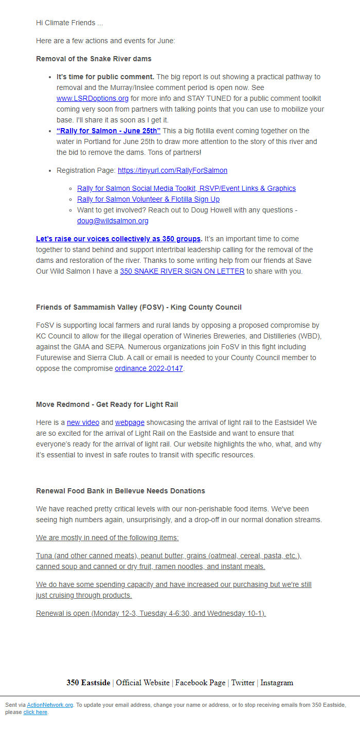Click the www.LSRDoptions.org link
pyautogui.click(x=93, y=98)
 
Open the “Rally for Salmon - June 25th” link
pyautogui.click(x=109, y=131)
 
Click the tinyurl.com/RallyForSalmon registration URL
pyautogui.click(x=172, y=170)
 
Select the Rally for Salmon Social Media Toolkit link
pyautogui.click(x=186, y=188)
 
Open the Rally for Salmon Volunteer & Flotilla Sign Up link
pyautogui.click(x=148, y=199)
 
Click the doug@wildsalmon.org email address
pyautogui.click(x=113, y=221)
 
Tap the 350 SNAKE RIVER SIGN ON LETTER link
pyautogui.click(x=182, y=271)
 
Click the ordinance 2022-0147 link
pyautogui.click(x=149, y=368)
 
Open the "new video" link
pyautogui.click(x=83, y=422)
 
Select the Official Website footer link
pyautogui.click(x=142, y=683)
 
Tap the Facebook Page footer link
pyautogui.click(x=200, y=683)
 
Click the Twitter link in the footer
pyautogui.click(x=243, y=683)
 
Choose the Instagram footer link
pyautogui.click(x=277, y=683)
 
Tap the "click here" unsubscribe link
pyautogui.click(x=35, y=712)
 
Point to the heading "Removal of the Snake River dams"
pyautogui.click(x=94, y=59)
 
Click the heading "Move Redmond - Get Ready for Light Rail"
pyautogui.click(x=107, y=404)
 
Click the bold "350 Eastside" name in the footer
pyautogui.click(x=88, y=683)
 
